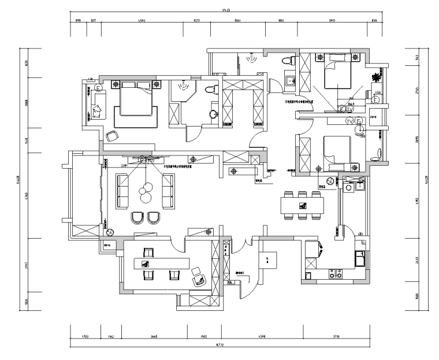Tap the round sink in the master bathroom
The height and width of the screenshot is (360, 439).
pyautogui.click(x=214, y=113)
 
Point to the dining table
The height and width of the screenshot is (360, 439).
pyautogui.click(x=301, y=205)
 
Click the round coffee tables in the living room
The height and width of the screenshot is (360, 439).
pyautogui.click(x=144, y=192)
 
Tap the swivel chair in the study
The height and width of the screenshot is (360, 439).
pyautogui.click(x=198, y=277)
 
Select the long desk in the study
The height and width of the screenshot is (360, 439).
pyautogui.click(x=162, y=263)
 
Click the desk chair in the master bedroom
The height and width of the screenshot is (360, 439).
pyautogui.click(x=111, y=135)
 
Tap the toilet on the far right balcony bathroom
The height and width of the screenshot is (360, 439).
pyautogui.click(x=377, y=151)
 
